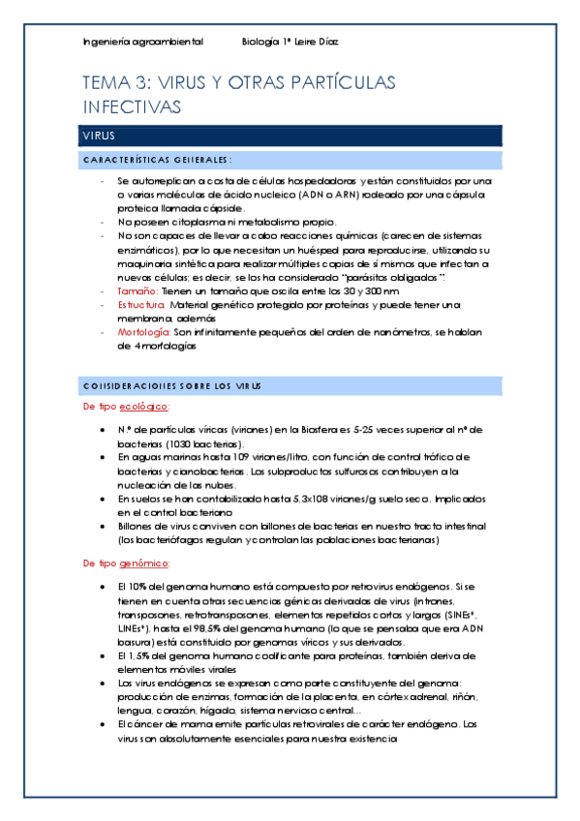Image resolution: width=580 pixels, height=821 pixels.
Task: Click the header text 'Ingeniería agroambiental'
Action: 142,42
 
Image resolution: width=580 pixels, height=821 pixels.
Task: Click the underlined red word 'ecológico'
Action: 144,407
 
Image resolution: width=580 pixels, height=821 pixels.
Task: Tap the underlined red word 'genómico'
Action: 145,563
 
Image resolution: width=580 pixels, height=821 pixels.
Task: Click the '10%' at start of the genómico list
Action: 136,587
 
